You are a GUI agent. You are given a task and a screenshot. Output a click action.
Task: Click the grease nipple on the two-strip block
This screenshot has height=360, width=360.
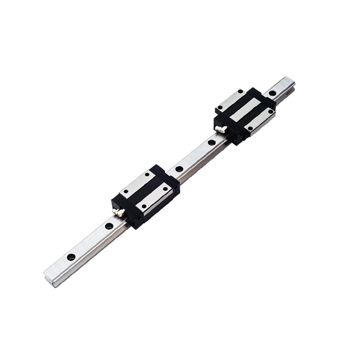point(119,211)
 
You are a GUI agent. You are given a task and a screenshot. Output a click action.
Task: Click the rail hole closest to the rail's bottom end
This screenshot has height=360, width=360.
point(71,257)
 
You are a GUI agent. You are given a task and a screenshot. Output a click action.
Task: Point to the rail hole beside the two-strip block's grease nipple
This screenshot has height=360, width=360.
point(109,226)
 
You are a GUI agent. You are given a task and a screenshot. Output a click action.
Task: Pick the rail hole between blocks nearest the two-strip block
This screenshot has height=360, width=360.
point(179,169)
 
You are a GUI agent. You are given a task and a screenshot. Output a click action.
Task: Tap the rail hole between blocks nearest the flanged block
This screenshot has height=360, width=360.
point(211,142)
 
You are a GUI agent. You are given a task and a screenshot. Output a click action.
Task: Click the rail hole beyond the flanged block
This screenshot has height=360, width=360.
point(272,93)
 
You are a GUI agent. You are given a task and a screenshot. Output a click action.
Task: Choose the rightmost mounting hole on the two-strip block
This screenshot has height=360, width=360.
point(166,188)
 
